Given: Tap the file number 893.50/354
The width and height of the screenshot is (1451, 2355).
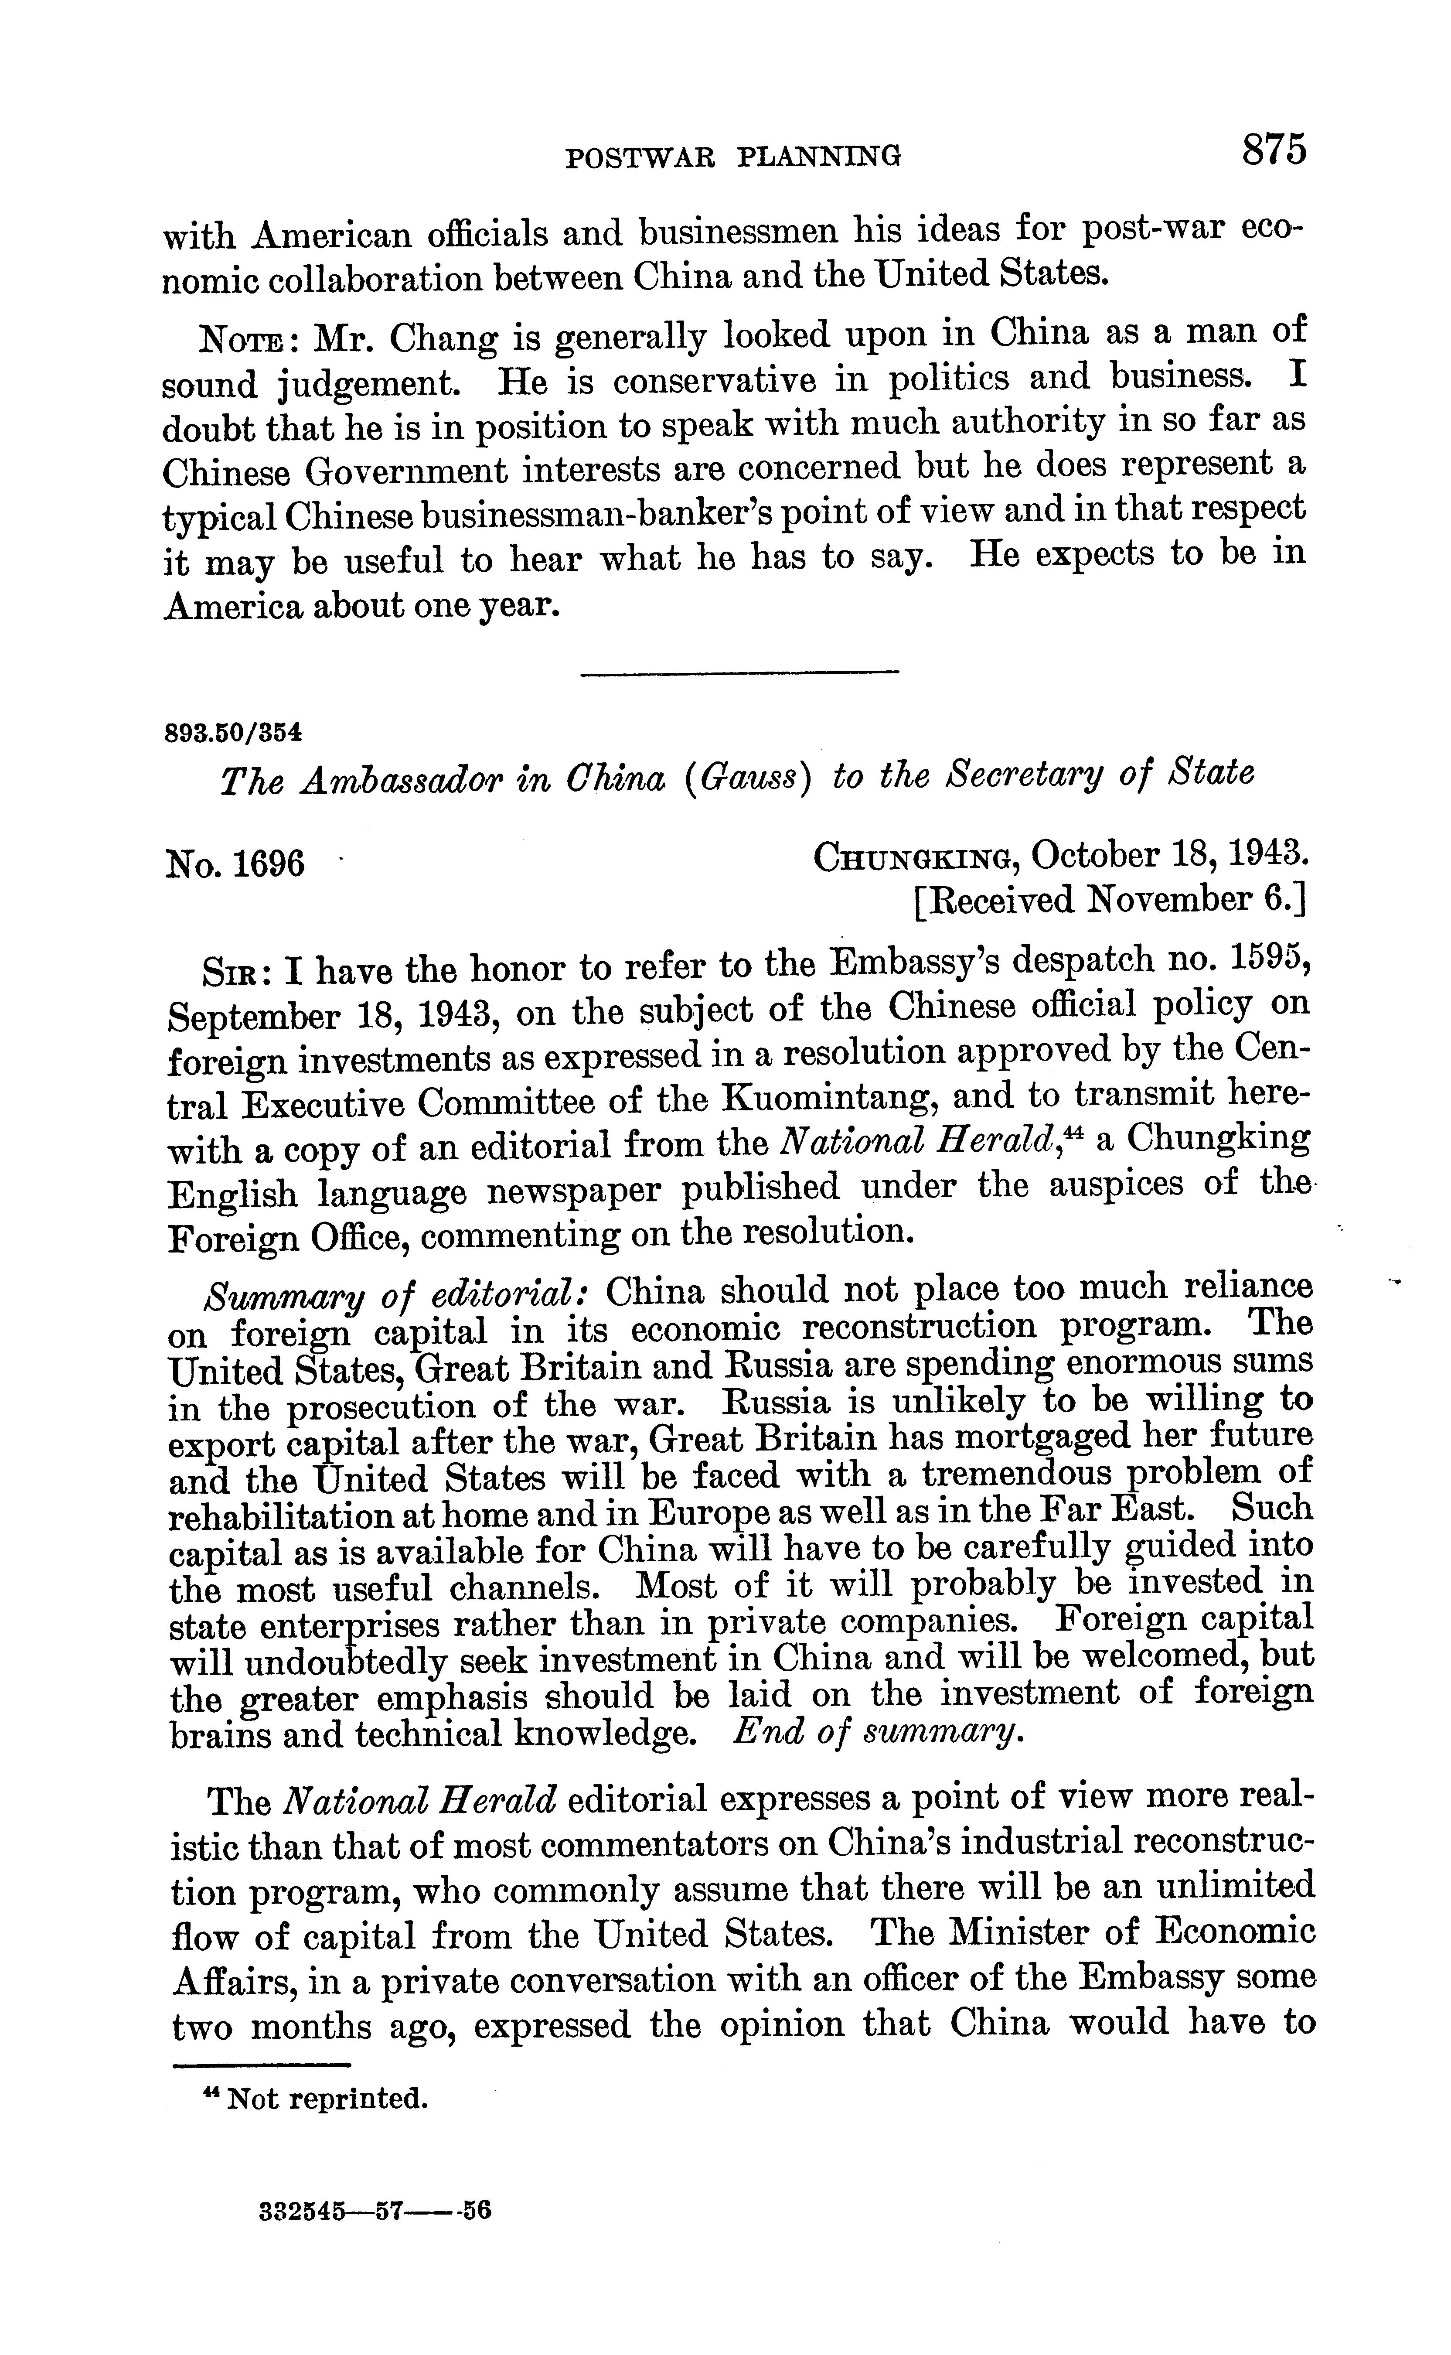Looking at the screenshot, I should [x=233, y=733].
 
